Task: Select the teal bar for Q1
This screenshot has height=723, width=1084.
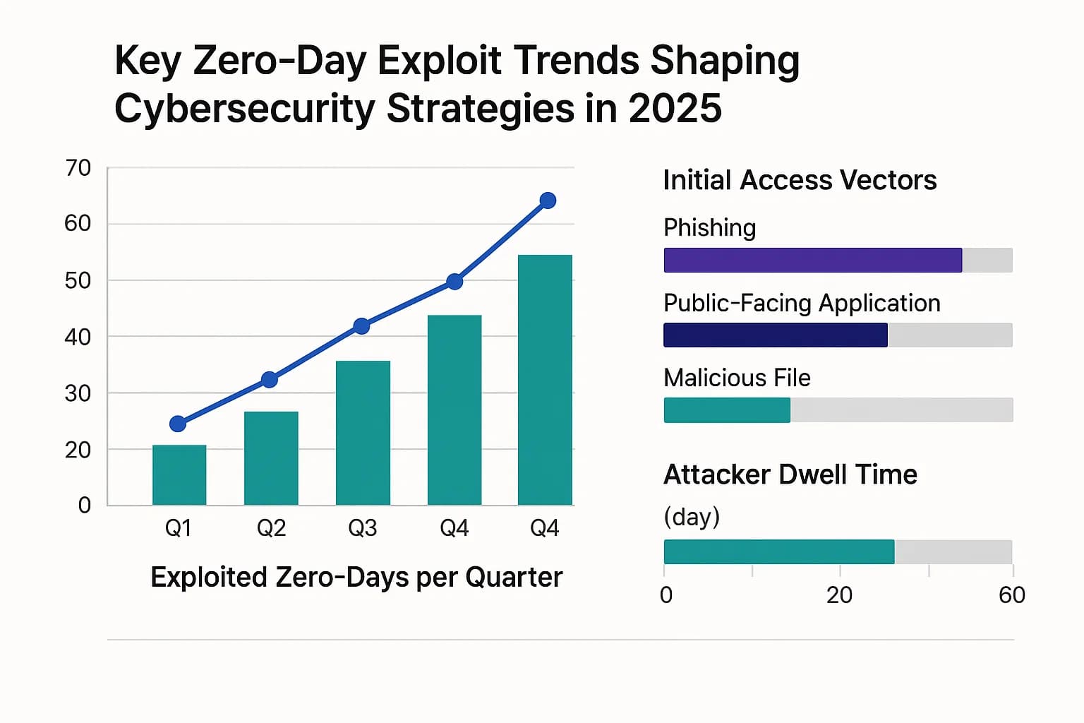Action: pyautogui.click(x=179, y=474)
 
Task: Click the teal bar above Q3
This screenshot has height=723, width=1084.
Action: pyautogui.click(x=363, y=432)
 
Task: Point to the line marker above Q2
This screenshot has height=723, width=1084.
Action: pyautogui.click(x=269, y=380)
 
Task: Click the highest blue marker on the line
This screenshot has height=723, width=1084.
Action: pyautogui.click(x=548, y=201)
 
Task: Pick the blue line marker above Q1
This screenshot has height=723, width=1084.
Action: pyautogui.click(x=178, y=424)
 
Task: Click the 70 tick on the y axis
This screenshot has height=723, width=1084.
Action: pyautogui.click(x=78, y=168)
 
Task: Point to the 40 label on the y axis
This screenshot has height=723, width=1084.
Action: pyautogui.click(x=78, y=337)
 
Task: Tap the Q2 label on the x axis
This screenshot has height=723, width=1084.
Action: pyautogui.click(x=271, y=528)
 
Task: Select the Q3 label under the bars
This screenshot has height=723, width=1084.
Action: pyautogui.click(x=363, y=528)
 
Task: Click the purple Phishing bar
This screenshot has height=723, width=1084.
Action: pyautogui.click(x=812, y=260)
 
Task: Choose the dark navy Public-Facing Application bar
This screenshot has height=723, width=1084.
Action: pyautogui.click(x=775, y=335)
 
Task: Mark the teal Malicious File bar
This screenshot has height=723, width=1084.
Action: pyautogui.click(x=727, y=410)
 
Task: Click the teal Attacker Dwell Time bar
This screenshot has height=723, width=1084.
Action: pyautogui.click(x=778, y=551)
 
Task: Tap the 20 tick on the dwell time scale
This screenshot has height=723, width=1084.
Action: pyautogui.click(x=839, y=595)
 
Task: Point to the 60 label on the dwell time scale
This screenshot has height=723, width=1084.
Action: pyautogui.click(x=1011, y=595)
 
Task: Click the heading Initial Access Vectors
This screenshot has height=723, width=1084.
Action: pyautogui.click(x=800, y=181)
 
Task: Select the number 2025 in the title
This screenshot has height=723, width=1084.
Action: pyautogui.click(x=675, y=109)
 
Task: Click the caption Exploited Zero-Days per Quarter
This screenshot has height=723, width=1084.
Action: pyautogui.click(x=356, y=578)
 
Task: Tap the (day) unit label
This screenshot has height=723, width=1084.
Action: pyautogui.click(x=692, y=517)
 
